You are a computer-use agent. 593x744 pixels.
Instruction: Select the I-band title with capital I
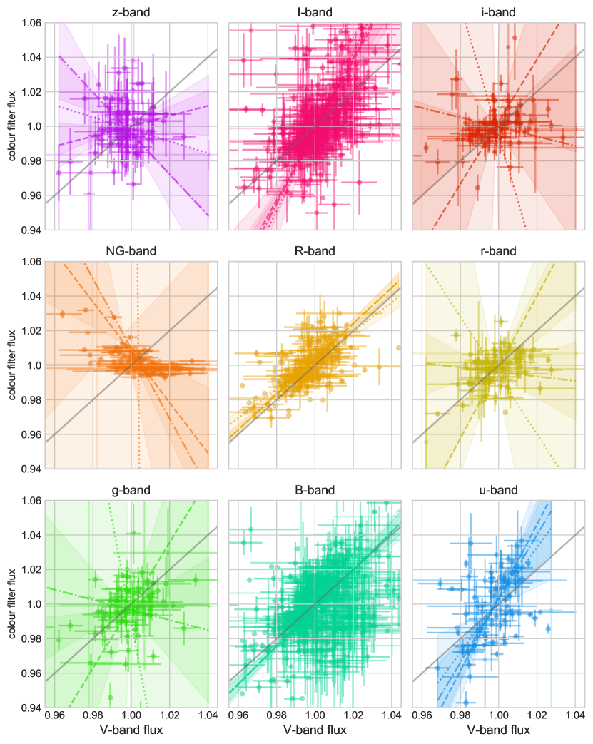[314, 12]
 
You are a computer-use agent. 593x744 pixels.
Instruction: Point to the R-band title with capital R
[314, 251]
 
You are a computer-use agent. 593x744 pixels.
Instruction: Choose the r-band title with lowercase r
[498, 251]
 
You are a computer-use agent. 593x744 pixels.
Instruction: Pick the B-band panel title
[314, 490]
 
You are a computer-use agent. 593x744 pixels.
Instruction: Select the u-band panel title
[498, 490]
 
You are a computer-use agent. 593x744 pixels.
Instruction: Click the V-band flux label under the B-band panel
[314, 730]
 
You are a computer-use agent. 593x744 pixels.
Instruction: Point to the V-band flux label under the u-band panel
[498, 730]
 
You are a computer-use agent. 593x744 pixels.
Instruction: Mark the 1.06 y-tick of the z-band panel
[31, 23]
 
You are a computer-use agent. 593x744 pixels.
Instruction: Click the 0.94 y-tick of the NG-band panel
[31, 469]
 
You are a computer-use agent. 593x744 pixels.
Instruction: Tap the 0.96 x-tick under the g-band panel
[54, 716]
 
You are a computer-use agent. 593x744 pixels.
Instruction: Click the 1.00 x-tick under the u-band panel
[498, 716]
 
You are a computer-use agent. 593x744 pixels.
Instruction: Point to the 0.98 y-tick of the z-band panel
[31, 161]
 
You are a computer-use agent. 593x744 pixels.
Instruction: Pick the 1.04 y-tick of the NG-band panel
[31, 297]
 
